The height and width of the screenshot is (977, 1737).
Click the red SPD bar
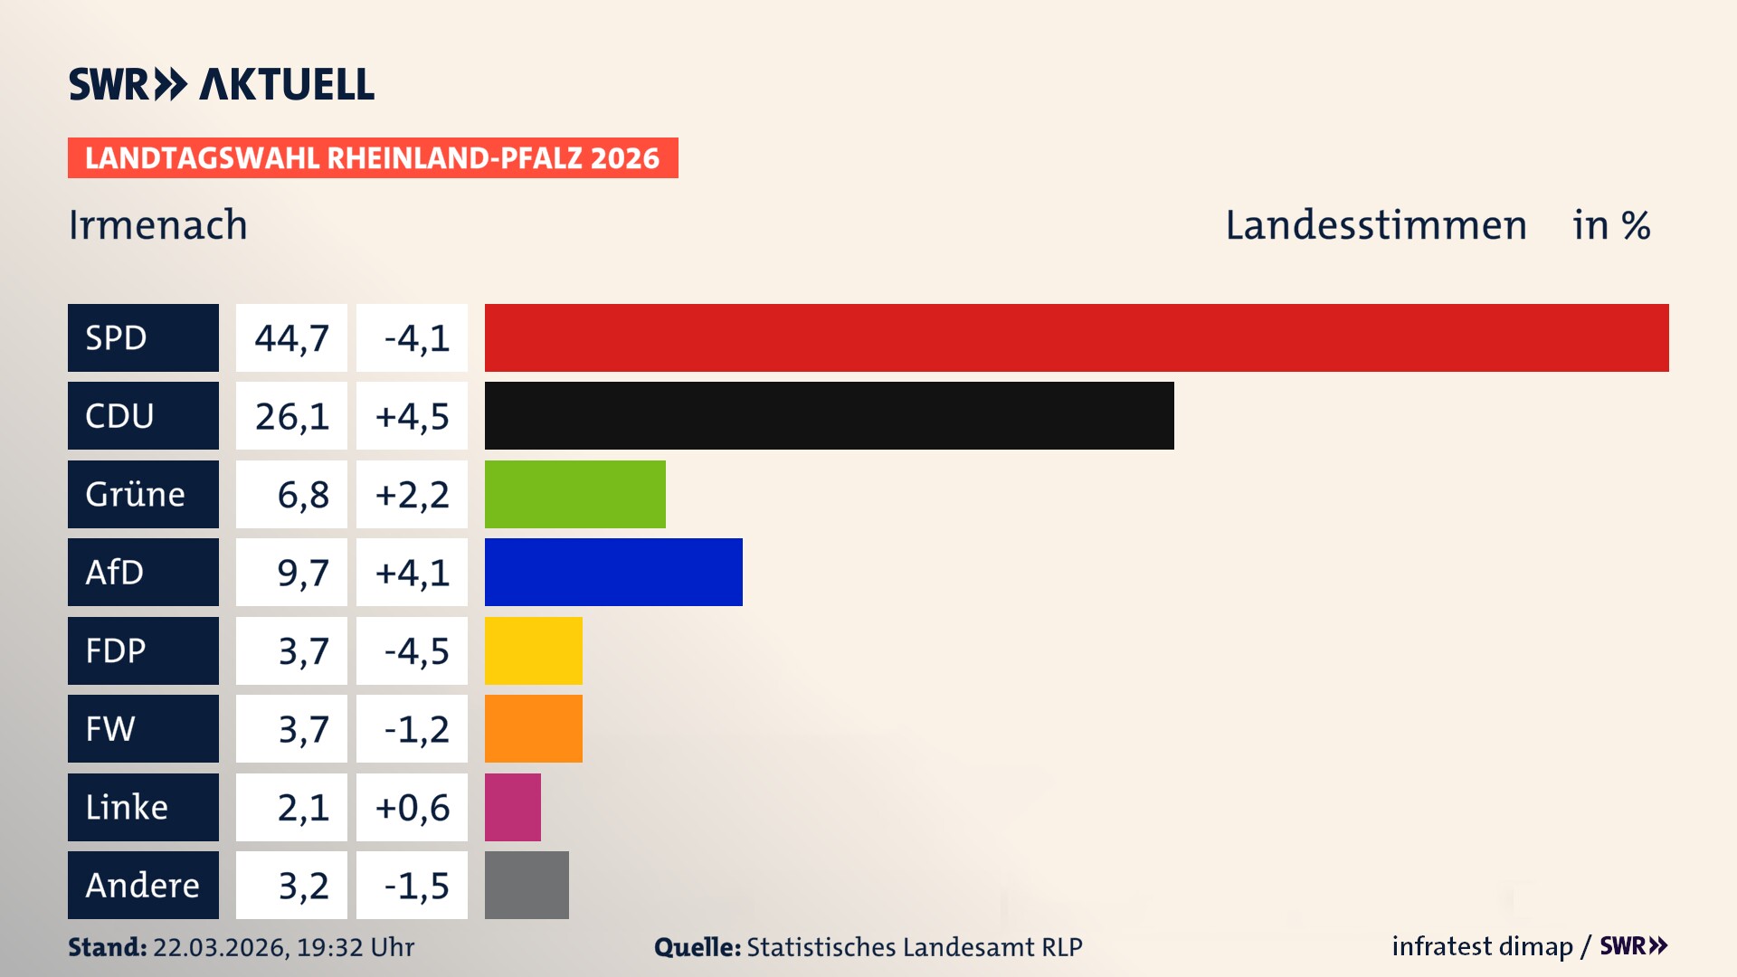[1077, 337]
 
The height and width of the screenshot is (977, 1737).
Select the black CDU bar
[829, 415]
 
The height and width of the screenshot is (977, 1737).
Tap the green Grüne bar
[574, 494]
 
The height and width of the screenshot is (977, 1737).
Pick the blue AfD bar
[613, 572]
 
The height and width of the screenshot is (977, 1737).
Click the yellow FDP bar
[533, 650]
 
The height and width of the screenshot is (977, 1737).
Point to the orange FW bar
[533, 728]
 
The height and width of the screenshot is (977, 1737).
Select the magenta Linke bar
[512, 807]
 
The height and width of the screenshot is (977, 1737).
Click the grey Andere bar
[527, 885]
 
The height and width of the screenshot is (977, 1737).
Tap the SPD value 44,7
[291, 338]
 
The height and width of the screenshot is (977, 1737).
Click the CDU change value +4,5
[412, 416]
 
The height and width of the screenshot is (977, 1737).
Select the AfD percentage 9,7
[302, 573]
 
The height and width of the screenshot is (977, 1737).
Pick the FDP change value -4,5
[415, 651]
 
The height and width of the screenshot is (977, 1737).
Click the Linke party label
[127, 807]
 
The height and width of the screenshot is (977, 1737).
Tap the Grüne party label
[135, 494]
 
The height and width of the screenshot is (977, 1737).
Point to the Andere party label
[142, 885]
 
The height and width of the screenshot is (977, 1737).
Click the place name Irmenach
[157, 224]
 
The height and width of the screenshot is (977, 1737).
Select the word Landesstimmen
[1375, 225]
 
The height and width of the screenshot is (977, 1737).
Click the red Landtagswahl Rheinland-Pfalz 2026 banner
[372, 157]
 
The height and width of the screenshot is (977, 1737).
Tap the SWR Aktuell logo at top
[221, 84]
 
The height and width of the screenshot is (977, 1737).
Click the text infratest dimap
[1481, 946]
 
